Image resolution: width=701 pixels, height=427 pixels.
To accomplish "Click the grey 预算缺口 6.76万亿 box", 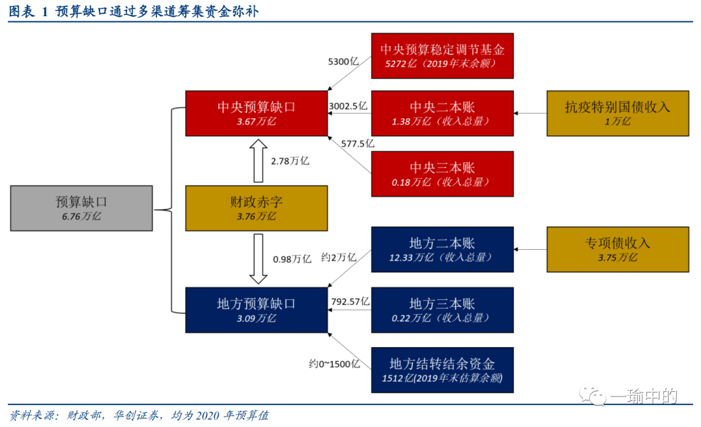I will pos(82,208).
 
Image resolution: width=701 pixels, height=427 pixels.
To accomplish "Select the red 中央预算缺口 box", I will pos(256,113).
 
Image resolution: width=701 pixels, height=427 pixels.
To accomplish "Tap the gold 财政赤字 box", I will pos(256,208).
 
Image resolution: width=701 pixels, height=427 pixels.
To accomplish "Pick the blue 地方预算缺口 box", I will pos(256,310).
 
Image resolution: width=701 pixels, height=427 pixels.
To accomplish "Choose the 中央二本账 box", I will pos(442,113).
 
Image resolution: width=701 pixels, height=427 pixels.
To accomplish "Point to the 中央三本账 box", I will pos(442,173).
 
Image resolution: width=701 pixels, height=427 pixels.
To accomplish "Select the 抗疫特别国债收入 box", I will pos(617,113).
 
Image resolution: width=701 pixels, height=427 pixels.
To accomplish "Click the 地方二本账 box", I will pos(442,249).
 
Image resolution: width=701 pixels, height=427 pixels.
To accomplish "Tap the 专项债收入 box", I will pos(617,249).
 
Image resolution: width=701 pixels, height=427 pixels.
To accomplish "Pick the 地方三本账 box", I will pos(442,310).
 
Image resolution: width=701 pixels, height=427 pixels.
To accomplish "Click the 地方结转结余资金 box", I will pos(442,370).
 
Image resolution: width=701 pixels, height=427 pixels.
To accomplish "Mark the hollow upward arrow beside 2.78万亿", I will pos(258,161).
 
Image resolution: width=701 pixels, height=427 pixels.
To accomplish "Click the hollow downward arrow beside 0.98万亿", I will pos(258,258).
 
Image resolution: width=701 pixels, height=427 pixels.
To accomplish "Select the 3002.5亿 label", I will pos(349,104).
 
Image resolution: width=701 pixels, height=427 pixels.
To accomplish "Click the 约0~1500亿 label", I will pos(334,363).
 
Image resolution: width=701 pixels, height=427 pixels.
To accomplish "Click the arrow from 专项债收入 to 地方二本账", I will pos(530,249).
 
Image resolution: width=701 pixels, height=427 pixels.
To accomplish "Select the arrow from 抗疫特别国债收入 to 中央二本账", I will pos(530,113).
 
